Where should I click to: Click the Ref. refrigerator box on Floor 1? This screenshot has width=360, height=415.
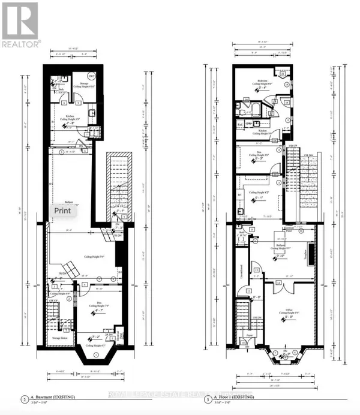point(240,124)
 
